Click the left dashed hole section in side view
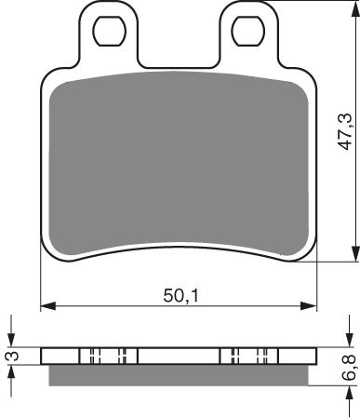(107, 356)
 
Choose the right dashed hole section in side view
(248, 356)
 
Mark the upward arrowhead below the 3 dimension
(10, 371)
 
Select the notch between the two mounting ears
(179, 56)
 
